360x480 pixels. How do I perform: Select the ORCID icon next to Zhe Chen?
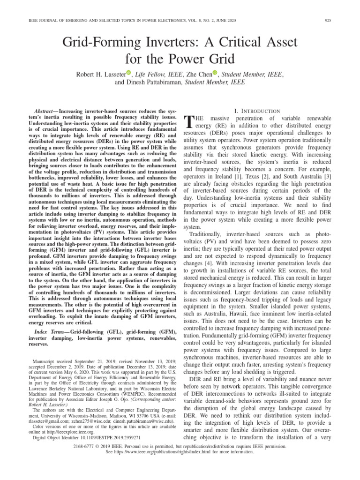pyautogui.click(x=216, y=73)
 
